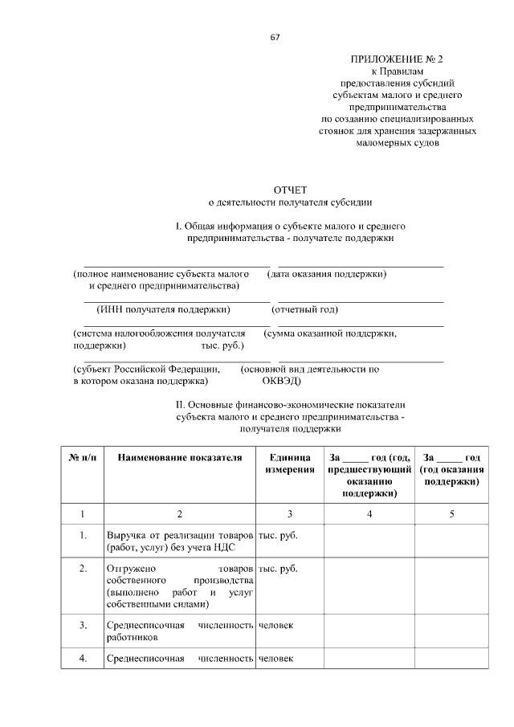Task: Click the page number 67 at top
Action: coord(275,37)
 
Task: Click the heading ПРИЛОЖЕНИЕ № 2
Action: coord(397,60)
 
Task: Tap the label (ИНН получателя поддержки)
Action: coord(163,309)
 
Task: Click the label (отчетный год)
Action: coord(305,309)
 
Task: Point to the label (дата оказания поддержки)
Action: coord(332,274)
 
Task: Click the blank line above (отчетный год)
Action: coord(361,301)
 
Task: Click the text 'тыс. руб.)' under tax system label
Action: coord(223,345)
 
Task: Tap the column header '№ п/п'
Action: coord(84,457)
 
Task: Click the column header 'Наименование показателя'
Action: coord(179,457)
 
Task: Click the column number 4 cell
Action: coord(369,513)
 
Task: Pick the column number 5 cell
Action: coord(451,513)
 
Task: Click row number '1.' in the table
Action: coord(84,534)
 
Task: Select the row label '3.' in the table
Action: coord(84,624)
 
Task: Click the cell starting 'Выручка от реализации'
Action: coord(179,541)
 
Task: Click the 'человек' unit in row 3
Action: coord(275,624)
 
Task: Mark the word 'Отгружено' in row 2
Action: coord(131,569)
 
